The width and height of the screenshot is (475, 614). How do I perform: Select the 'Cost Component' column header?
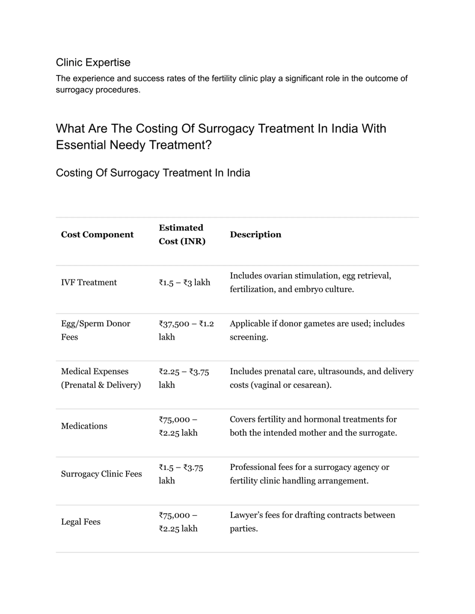pyautogui.click(x=97, y=234)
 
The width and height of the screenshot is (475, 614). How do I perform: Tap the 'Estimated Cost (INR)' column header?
pyautogui.click(x=182, y=234)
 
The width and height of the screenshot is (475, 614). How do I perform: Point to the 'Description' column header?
pyautogui.click(x=255, y=234)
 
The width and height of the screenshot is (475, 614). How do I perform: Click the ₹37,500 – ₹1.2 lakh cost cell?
pyautogui.click(x=186, y=330)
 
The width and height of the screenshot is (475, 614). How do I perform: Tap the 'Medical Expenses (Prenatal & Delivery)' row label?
pyautogui.click(x=101, y=378)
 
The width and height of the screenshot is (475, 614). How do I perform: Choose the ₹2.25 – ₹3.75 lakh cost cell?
pyautogui.click(x=184, y=378)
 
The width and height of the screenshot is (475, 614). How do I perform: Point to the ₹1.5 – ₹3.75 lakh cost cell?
pyautogui.click(x=181, y=474)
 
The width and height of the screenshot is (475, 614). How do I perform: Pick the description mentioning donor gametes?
pyautogui.click(x=317, y=330)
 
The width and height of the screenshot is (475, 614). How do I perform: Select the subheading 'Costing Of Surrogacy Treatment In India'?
pyautogui.click(x=153, y=173)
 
